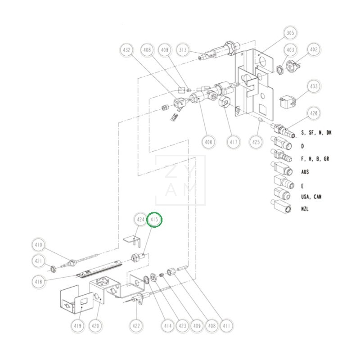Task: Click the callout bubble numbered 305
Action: pyautogui.click(x=290, y=33)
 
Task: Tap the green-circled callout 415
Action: pyautogui.click(x=154, y=220)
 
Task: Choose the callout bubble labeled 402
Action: pyautogui.click(x=314, y=49)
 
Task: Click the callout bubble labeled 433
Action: pyautogui.click(x=314, y=86)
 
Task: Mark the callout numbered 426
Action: pyautogui.click(x=314, y=113)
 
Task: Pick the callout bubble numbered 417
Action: pyautogui.click(x=233, y=142)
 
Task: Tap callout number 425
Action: pyautogui.click(x=256, y=142)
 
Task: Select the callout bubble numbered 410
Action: pyautogui.click(x=39, y=245)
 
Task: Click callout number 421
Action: pyautogui.click(x=39, y=261)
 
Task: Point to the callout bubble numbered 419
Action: pyautogui.click(x=78, y=325)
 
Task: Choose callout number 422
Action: pyautogui.click(x=137, y=325)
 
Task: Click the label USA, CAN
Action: pyautogui.click(x=311, y=197)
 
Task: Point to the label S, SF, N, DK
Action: pyautogui.click(x=316, y=133)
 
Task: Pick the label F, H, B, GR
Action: pyautogui.click(x=315, y=159)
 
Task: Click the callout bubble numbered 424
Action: pyautogui.click(x=141, y=220)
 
